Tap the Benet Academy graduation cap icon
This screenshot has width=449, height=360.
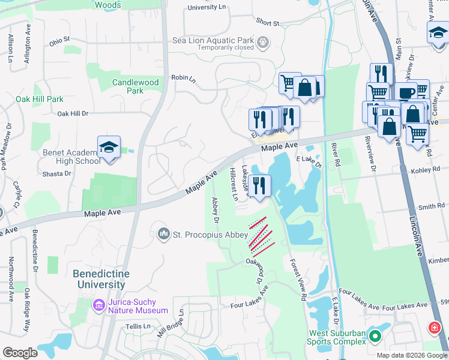point(109,148)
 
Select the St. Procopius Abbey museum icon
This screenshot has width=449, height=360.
point(163,233)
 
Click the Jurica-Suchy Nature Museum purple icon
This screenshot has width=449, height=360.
point(98,306)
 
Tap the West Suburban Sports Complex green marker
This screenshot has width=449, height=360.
point(376,337)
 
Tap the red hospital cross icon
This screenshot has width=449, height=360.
point(433,328)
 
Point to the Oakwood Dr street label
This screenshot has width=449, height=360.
point(255,271)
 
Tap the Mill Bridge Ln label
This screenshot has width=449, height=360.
point(170,324)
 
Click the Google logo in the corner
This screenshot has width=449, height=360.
point(20,353)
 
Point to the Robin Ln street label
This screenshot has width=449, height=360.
point(184,79)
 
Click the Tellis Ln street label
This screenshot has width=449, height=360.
point(139,326)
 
